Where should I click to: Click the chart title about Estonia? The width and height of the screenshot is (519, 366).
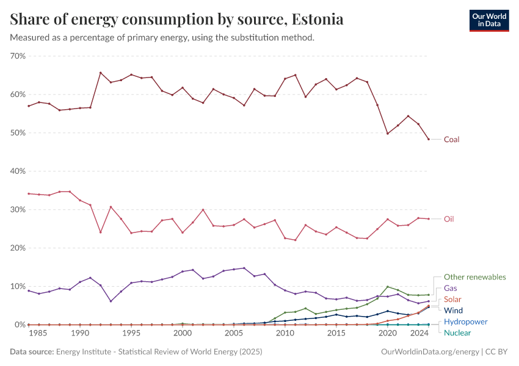(176, 19)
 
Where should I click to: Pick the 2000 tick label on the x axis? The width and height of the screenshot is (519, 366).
(183, 334)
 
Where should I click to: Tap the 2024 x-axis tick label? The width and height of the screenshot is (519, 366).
(418, 334)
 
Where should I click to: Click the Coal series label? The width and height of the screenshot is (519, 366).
(451, 140)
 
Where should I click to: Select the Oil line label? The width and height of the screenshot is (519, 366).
(449, 219)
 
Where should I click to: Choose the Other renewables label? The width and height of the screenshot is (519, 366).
(474, 277)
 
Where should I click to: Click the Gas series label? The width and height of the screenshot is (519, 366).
(451, 288)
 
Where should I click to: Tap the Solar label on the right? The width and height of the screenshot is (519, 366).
(452, 300)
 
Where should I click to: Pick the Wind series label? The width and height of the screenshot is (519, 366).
(453, 310)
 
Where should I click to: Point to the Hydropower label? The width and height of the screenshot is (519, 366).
(465, 321)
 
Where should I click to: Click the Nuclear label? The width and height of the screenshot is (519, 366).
(457, 333)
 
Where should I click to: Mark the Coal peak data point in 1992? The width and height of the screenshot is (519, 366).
(101, 73)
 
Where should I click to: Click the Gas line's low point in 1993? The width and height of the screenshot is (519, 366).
(111, 301)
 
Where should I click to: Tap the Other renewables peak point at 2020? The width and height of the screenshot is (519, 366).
(387, 287)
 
